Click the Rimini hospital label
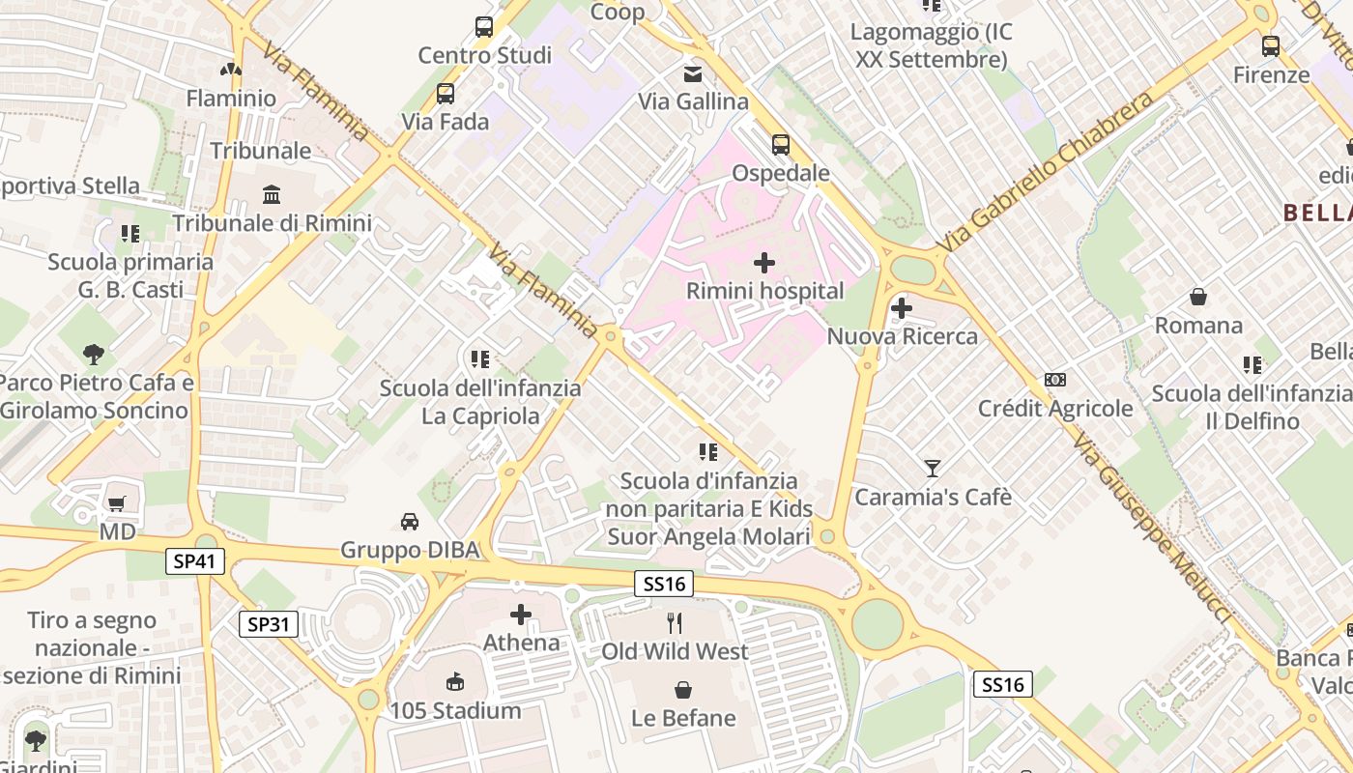[x=764, y=291]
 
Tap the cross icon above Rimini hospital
[x=764, y=262]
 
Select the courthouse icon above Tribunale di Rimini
[x=272, y=194]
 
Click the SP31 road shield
[x=269, y=624]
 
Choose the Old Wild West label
[x=675, y=651]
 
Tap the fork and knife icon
[x=675, y=623]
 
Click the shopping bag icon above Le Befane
[x=683, y=689]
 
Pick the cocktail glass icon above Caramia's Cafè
[x=933, y=469]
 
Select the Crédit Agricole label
[x=1055, y=408]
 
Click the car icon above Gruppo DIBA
[x=410, y=522]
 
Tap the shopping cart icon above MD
[x=117, y=503]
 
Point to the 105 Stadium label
[x=455, y=710]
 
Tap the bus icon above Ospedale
[x=781, y=145]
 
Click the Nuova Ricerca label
[x=903, y=336]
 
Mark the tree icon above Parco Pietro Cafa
[x=94, y=355]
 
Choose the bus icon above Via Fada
[x=446, y=94]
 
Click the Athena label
[x=521, y=643]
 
